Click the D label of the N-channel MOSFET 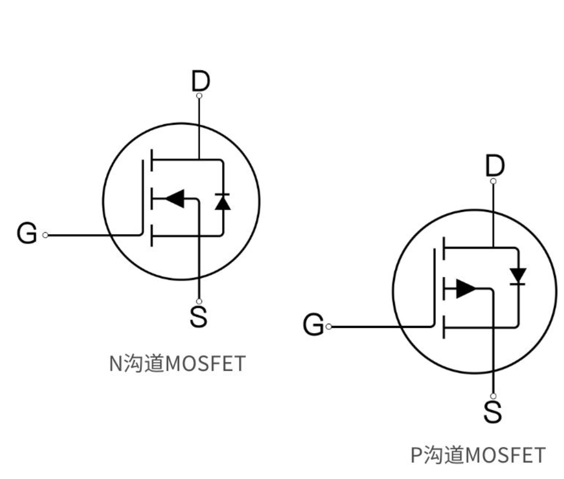[201, 82]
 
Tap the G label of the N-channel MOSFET [27, 234]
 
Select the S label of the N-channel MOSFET [199, 316]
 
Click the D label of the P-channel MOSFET [494, 166]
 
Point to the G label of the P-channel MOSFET [314, 326]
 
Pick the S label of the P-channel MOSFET [493, 412]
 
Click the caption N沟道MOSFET [177, 364]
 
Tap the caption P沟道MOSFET [478, 455]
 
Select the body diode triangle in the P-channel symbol [518, 274]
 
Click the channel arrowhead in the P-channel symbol [466, 288]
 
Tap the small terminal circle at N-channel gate [45, 235]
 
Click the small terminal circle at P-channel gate [329, 327]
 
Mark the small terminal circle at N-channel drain [199, 96]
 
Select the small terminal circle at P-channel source [493, 396]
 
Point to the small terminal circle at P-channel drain [493, 181]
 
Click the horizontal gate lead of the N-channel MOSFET [94, 235]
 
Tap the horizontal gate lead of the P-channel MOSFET [381, 327]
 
